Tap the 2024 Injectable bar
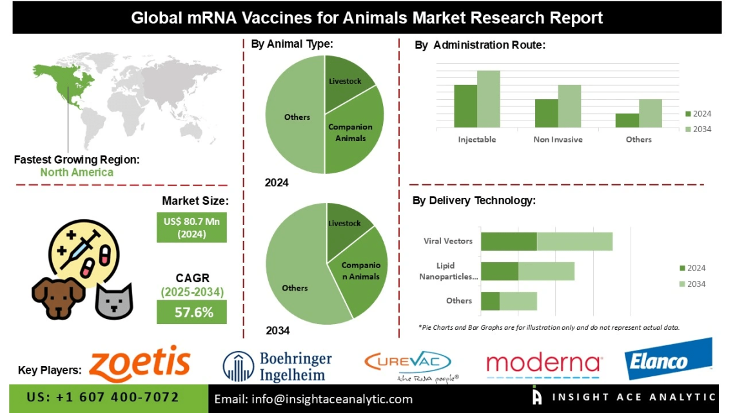coord(465,106)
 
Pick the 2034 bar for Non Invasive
coord(569,106)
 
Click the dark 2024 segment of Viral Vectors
coord(509,241)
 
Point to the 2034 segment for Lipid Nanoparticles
coord(546,271)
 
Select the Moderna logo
coord(544,365)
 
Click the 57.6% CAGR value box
coord(191,313)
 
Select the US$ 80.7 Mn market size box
coord(191,227)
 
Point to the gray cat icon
coord(113,302)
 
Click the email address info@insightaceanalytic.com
coord(313,399)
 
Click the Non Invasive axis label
coord(558,139)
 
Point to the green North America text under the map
coord(77,172)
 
